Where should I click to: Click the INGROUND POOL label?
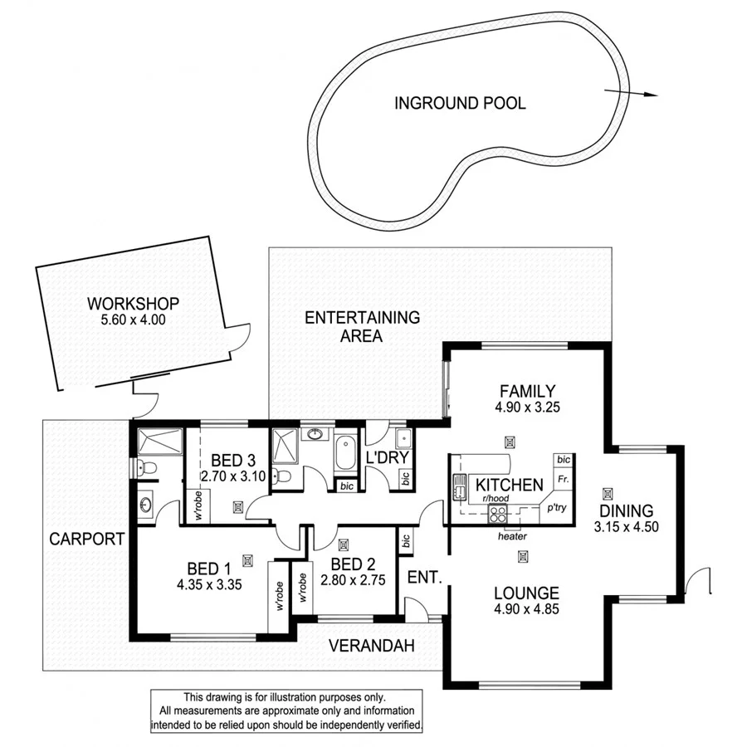(x=459, y=104)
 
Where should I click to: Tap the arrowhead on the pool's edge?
(x=649, y=95)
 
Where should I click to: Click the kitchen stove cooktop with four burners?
(x=497, y=513)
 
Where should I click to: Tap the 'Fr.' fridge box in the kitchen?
(x=563, y=479)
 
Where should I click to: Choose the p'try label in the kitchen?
(x=555, y=508)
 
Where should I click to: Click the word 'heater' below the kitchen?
(x=512, y=536)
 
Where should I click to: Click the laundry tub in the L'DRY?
(x=403, y=440)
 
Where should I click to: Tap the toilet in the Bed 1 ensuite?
(x=142, y=467)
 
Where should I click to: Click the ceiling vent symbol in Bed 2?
(x=344, y=544)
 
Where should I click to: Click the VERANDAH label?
(x=371, y=646)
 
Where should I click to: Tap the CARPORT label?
(x=86, y=539)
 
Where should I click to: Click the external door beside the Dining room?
(x=700, y=580)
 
